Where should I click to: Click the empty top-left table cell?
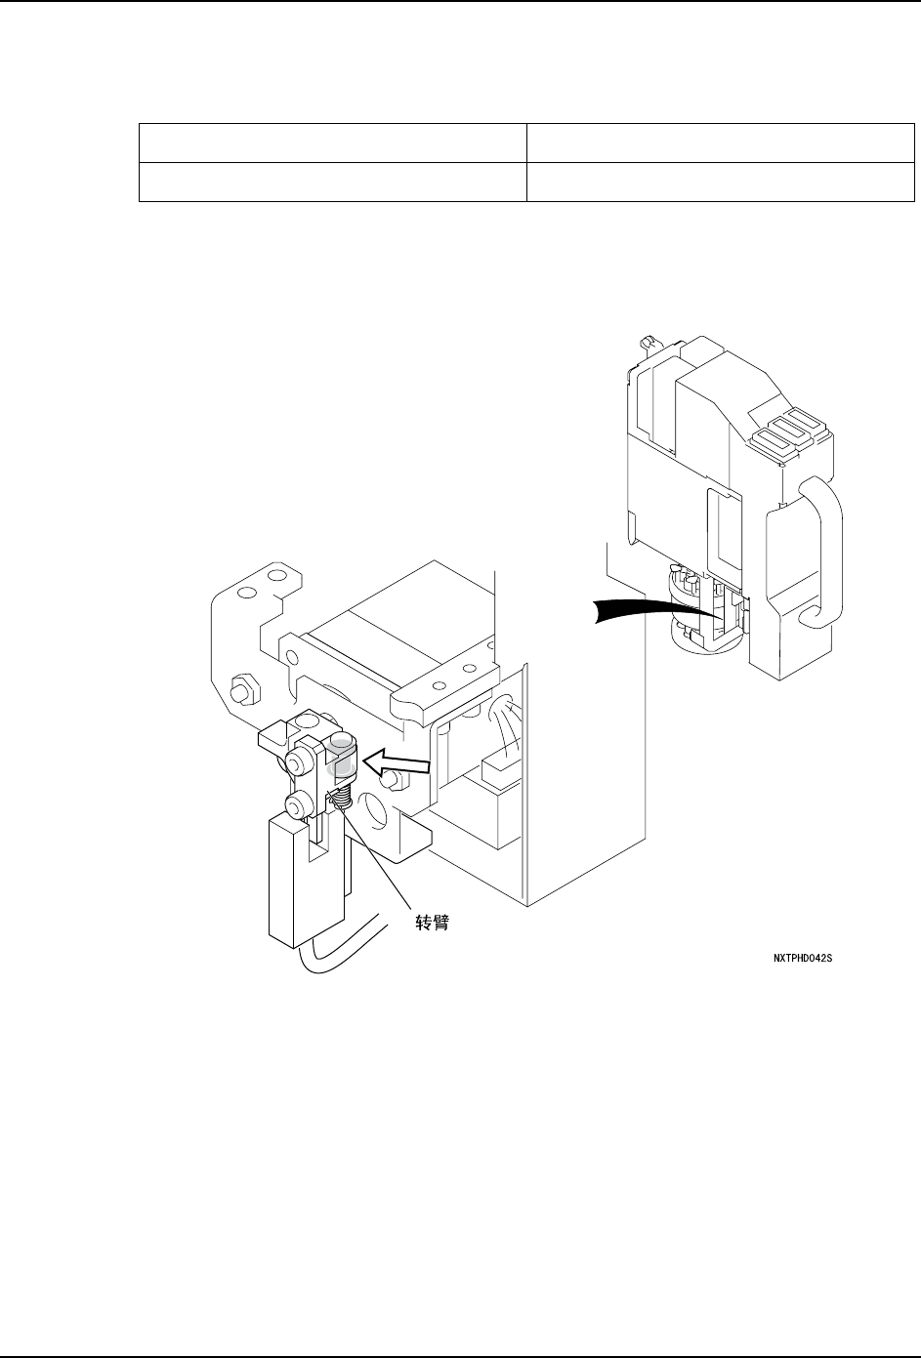(332, 143)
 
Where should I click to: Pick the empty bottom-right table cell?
(720, 182)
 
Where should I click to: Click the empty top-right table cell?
(720, 143)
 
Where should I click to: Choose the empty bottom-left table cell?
(332, 182)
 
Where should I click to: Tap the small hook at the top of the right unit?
(645, 343)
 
